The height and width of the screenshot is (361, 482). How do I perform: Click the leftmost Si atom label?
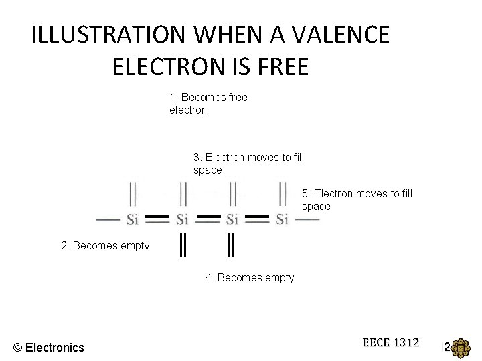(x=133, y=219)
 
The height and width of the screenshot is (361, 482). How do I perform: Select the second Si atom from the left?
(x=183, y=219)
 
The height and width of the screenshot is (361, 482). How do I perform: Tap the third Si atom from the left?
(x=232, y=219)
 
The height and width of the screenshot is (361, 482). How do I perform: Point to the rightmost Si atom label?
(x=283, y=219)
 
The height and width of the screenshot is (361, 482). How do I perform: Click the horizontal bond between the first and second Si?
(x=157, y=218)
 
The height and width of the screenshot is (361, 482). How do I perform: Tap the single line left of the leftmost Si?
(x=108, y=219)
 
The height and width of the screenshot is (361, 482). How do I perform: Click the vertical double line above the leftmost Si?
(x=133, y=194)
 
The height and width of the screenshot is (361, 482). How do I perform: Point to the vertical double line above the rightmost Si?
(x=283, y=194)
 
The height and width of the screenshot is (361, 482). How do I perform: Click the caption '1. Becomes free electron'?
(x=208, y=104)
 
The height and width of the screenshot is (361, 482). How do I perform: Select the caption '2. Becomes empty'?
(x=105, y=246)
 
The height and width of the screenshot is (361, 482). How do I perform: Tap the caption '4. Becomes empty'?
(x=249, y=277)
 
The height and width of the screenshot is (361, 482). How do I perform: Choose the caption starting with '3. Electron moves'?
(x=248, y=164)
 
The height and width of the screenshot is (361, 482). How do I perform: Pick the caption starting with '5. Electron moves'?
(x=357, y=200)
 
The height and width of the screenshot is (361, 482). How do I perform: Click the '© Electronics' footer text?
(x=49, y=347)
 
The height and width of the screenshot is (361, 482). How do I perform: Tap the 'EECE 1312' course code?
(x=390, y=343)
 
